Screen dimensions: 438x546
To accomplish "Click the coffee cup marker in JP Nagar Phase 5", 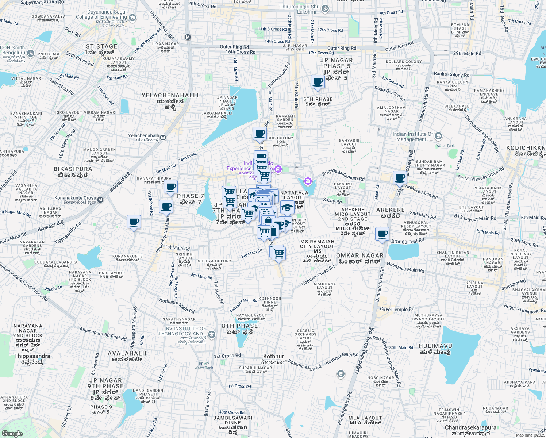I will [318, 82].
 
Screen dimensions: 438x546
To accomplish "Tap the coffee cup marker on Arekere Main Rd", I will [400, 178].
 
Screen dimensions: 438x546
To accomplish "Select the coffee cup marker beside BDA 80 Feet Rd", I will [382, 234].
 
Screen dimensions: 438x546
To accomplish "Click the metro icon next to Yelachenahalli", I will [163, 138].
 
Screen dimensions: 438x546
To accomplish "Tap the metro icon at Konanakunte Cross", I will [100, 200].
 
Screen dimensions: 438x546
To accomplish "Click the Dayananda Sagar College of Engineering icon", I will [132, 18].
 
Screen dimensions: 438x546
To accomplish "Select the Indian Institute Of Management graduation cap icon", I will [438, 136].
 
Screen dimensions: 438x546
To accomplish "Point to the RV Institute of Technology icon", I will [211, 334].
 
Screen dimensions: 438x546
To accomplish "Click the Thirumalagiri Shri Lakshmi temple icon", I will [325, 8].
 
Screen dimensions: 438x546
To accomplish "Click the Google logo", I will [12, 433].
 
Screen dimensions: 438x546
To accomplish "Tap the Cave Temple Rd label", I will [397, 309].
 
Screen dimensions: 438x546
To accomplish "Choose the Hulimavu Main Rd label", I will [405, 268].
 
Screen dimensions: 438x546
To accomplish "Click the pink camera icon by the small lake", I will [308, 181].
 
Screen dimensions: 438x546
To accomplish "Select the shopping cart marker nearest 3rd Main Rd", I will [278, 253].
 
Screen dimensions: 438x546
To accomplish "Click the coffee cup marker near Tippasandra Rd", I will [134, 222].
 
